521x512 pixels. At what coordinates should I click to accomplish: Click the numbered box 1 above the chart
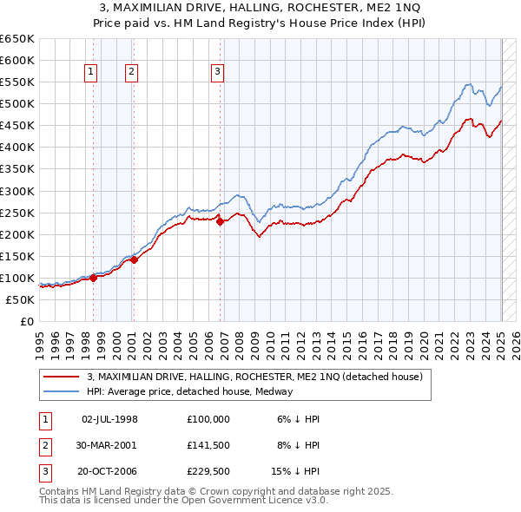coord(90,72)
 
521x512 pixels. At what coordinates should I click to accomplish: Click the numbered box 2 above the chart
coord(131,72)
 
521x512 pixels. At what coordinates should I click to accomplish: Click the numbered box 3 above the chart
coord(217,72)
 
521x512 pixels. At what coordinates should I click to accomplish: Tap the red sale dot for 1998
coord(93,278)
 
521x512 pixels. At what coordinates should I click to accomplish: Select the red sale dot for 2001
coord(135,259)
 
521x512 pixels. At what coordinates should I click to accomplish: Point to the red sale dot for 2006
coord(221,221)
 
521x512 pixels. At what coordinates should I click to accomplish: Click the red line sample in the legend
coord(61,377)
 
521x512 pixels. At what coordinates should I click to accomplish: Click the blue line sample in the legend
coord(61,391)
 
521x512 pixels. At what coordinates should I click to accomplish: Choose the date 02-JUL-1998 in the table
coord(109,419)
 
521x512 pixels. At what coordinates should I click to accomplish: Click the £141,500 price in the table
coord(208,445)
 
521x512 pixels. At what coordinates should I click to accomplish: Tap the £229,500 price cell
coord(208,472)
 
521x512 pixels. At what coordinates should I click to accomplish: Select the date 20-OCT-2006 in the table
coord(109,472)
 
